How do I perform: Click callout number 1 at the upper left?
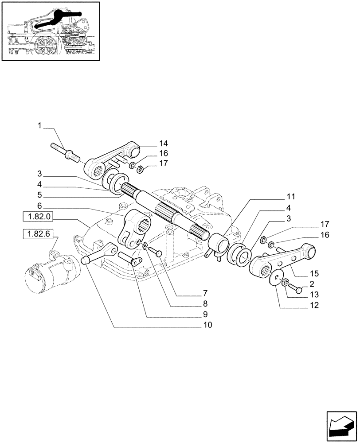pos(39,126)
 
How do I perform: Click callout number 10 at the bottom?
pos(208,325)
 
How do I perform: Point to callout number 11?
pos(290,196)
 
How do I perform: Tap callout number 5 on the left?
pos(39,195)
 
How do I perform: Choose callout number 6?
pos(39,206)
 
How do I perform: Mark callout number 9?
pos(208,314)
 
